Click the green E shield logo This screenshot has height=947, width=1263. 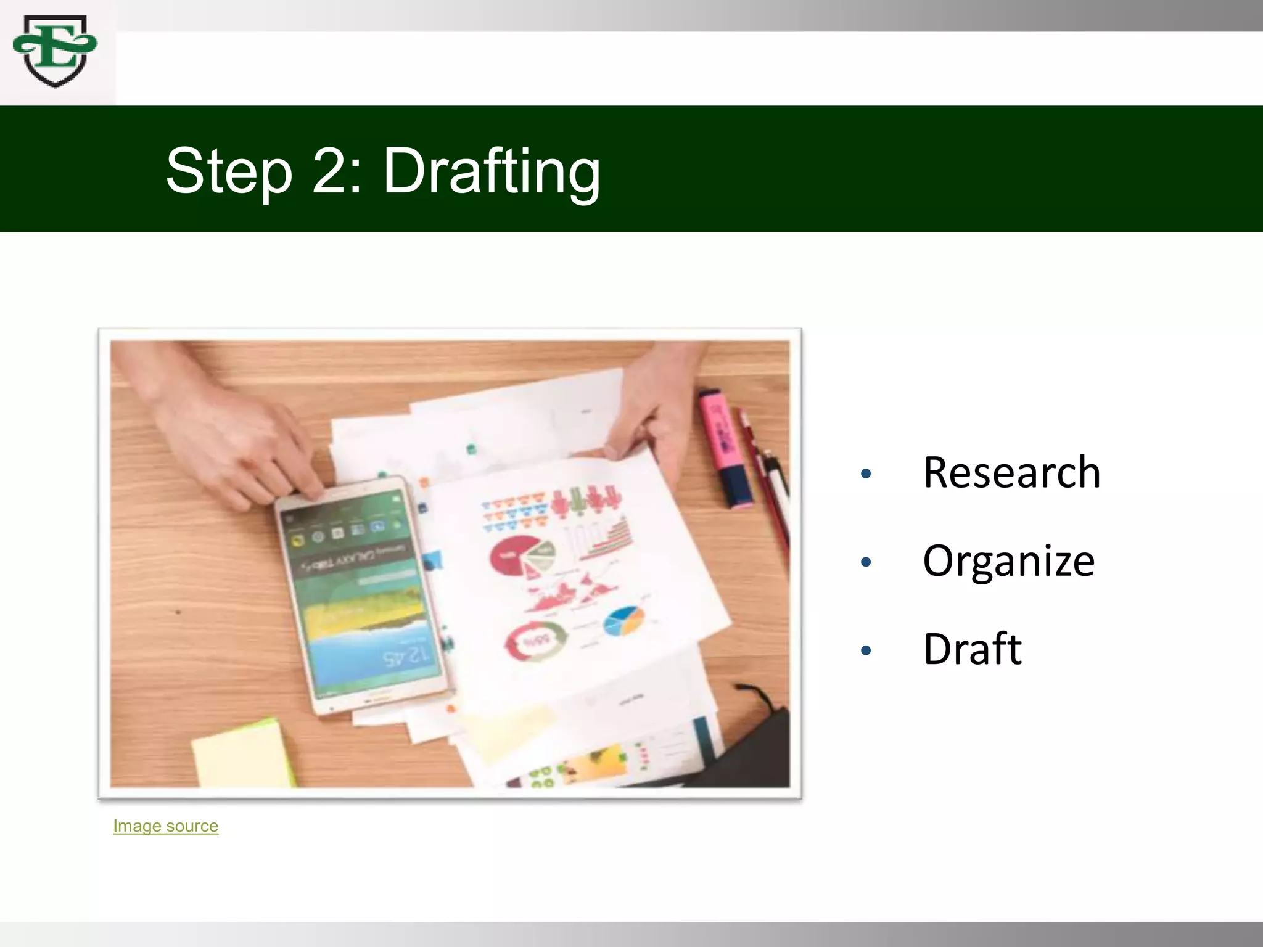point(55,51)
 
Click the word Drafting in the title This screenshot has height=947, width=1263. point(492,171)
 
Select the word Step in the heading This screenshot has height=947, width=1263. point(229,171)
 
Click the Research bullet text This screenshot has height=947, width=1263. point(1011,473)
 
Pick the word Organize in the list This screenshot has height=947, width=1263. point(1009,561)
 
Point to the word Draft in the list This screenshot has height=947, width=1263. point(973,649)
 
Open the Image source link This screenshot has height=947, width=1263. point(165,826)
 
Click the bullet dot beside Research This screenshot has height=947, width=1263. point(866,473)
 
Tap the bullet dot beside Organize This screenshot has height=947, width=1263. point(866,562)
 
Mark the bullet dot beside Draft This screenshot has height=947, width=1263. point(866,650)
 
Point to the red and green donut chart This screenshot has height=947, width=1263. point(535,642)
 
